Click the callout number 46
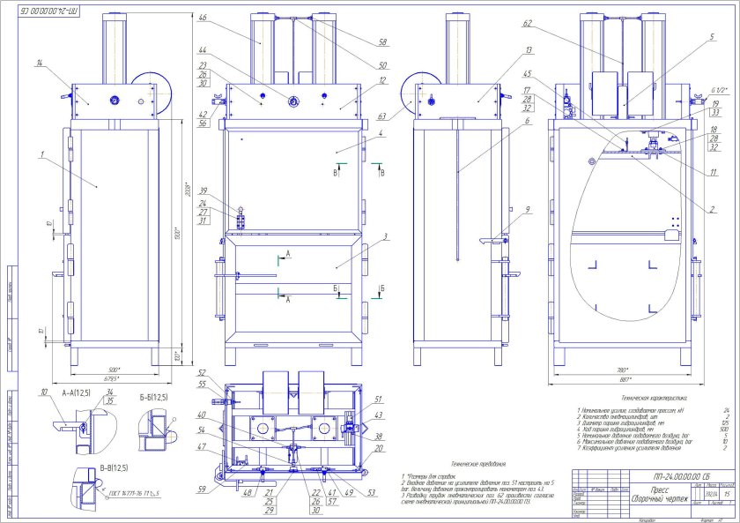[x=203, y=18]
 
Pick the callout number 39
[x=203, y=191]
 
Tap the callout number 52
[x=201, y=373]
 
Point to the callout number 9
[x=526, y=210]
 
